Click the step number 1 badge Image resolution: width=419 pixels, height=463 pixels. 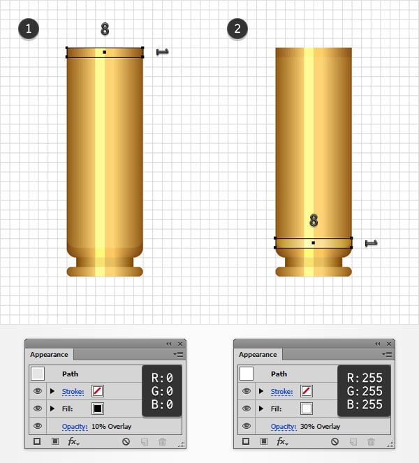[29, 29]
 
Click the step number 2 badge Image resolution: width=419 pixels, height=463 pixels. [237, 29]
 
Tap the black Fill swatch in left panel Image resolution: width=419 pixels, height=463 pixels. [98, 409]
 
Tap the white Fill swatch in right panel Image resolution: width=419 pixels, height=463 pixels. [306, 409]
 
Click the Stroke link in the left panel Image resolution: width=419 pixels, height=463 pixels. [73, 392]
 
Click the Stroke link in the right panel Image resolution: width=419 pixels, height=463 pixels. [281, 392]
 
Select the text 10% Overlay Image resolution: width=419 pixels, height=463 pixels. [111, 427]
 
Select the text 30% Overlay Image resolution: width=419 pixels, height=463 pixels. [320, 427]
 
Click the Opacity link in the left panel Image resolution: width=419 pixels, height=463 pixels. [75, 427]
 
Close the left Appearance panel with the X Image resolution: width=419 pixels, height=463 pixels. [180, 344]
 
